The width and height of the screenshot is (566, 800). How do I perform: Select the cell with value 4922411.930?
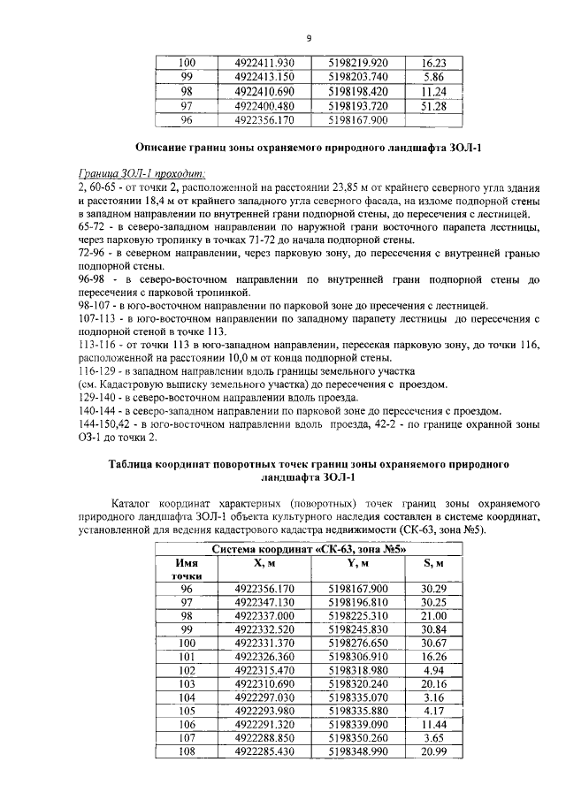pos(264,63)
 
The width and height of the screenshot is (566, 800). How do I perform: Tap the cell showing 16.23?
pos(433,63)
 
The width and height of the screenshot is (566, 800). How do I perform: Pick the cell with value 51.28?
pos(433,105)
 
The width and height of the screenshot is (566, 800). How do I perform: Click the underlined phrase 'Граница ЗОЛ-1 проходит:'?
pos(129,174)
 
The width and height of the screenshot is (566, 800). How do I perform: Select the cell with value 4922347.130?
pos(264,601)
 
